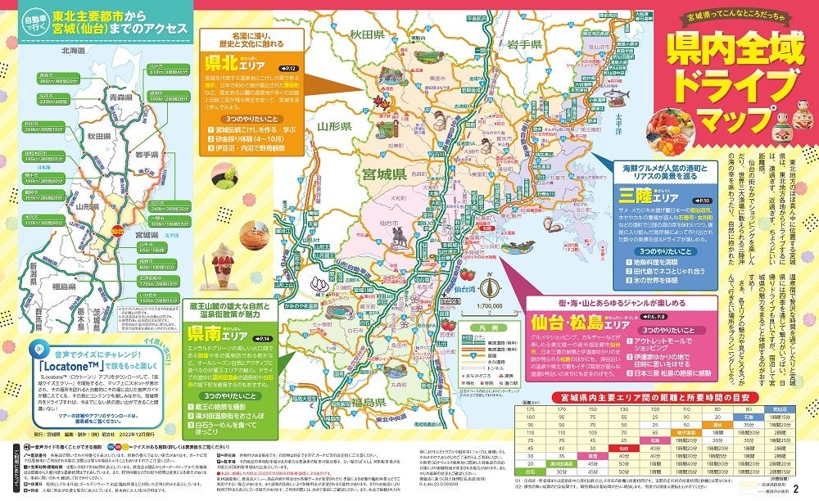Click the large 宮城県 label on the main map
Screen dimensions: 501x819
click(383, 174)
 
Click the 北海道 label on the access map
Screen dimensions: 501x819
click(73, 50)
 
